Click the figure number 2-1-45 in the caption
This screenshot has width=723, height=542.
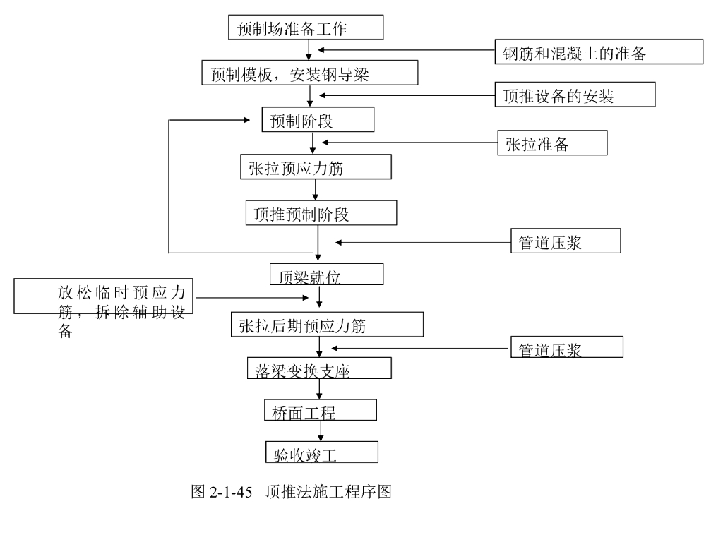[x=231, y=492]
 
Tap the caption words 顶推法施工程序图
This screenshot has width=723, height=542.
[x=328, y=492]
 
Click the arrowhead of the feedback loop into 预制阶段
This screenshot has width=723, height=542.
[x=246, y=120]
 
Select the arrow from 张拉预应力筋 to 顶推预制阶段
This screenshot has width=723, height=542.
[x=316, y=190]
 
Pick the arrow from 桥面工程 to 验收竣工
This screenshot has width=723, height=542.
[x=321, y=431]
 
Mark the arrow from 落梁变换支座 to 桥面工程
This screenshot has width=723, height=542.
[x=319, y=389]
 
